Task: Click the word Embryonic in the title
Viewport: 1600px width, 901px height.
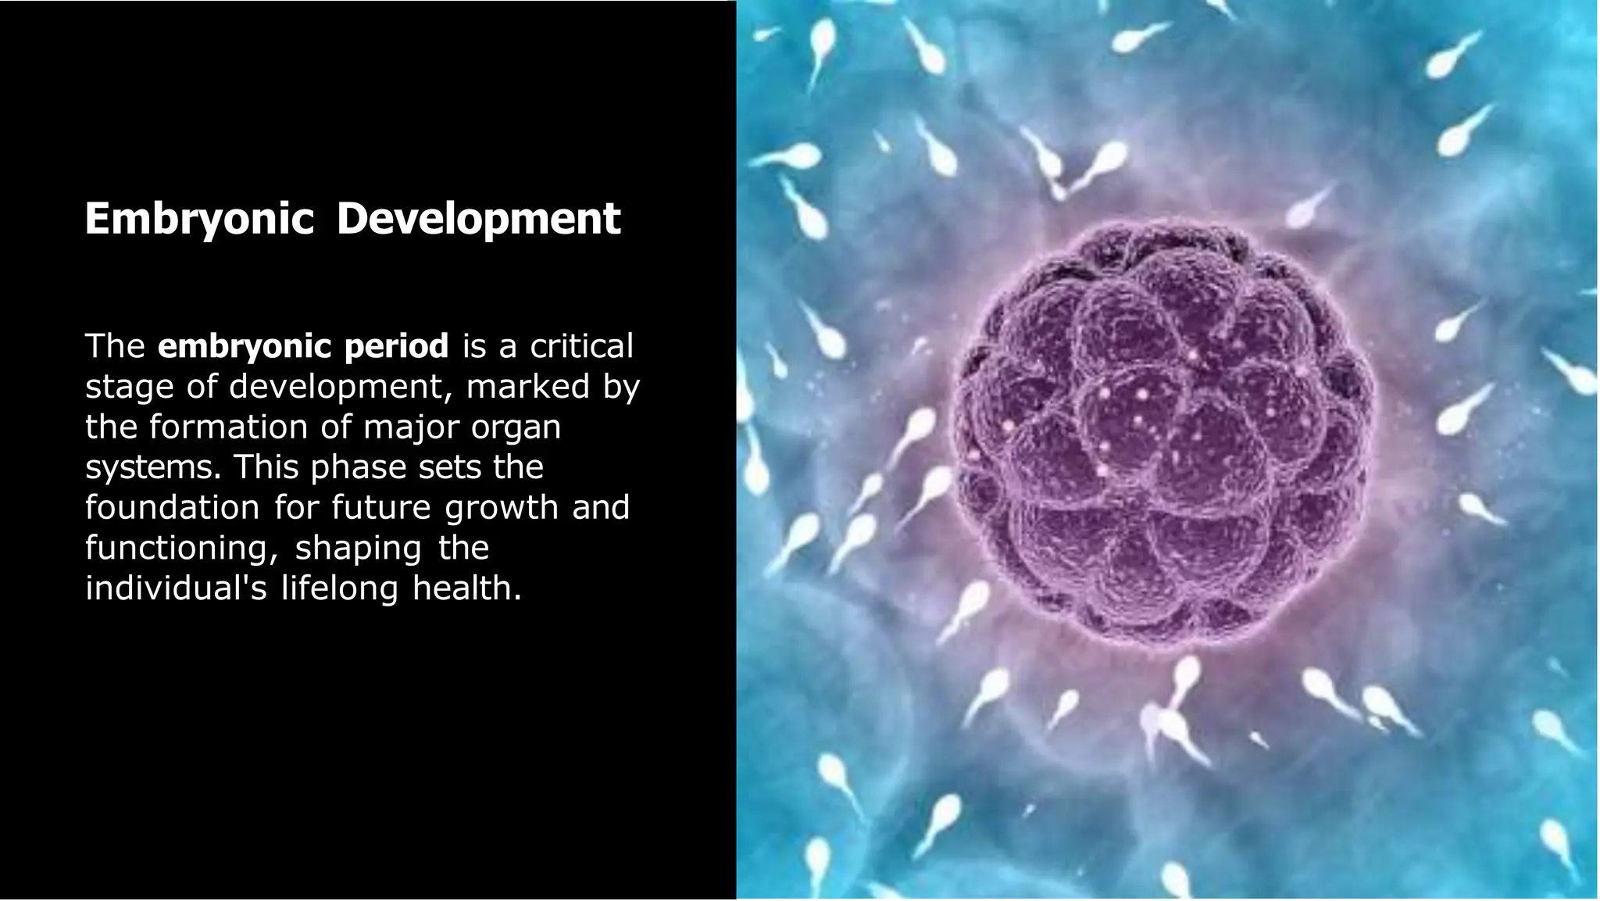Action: [198, 218]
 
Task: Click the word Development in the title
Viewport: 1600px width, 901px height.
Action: [478, 218]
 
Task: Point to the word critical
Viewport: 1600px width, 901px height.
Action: [581, 346]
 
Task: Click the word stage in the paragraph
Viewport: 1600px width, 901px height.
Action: [129, 387]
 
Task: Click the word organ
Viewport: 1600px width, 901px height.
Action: [516, 427]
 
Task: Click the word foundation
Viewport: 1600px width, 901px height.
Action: [172, 508]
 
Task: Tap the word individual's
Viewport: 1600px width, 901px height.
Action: [176, 588]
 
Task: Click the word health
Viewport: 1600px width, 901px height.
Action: [466, 588]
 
